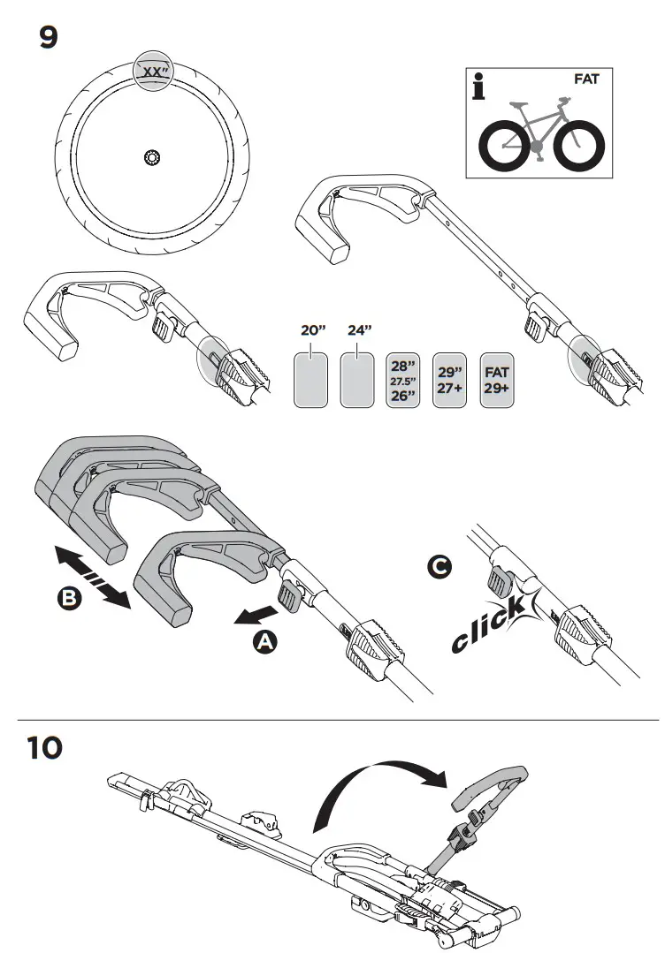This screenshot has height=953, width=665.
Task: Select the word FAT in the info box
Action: (586, 79)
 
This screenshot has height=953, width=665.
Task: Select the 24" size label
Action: (360, 331)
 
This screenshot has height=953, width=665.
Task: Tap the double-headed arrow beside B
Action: (92, 577)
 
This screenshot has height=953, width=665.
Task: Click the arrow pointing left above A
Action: (253, 615)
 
